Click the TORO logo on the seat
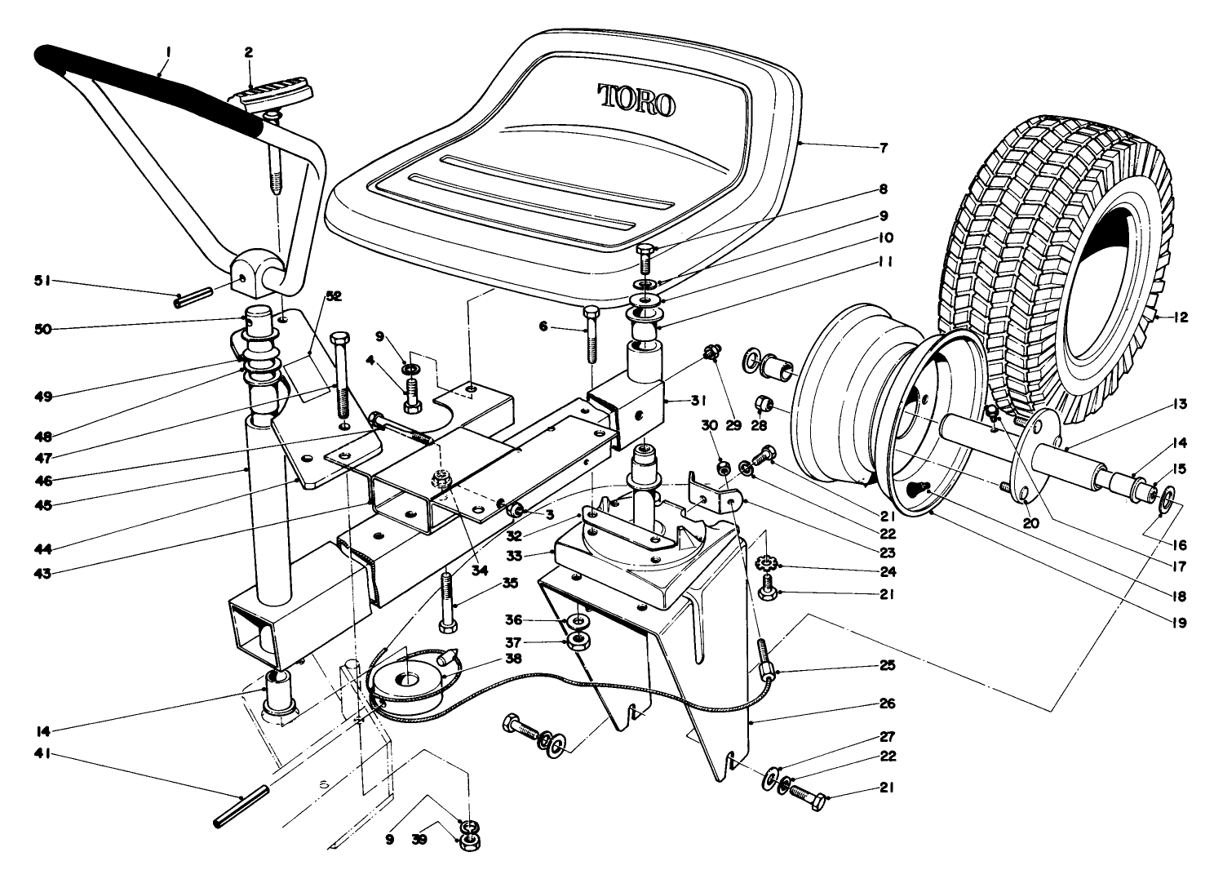click(636, 100)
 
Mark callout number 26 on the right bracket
click(888, 703)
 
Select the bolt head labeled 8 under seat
click(643, 250)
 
